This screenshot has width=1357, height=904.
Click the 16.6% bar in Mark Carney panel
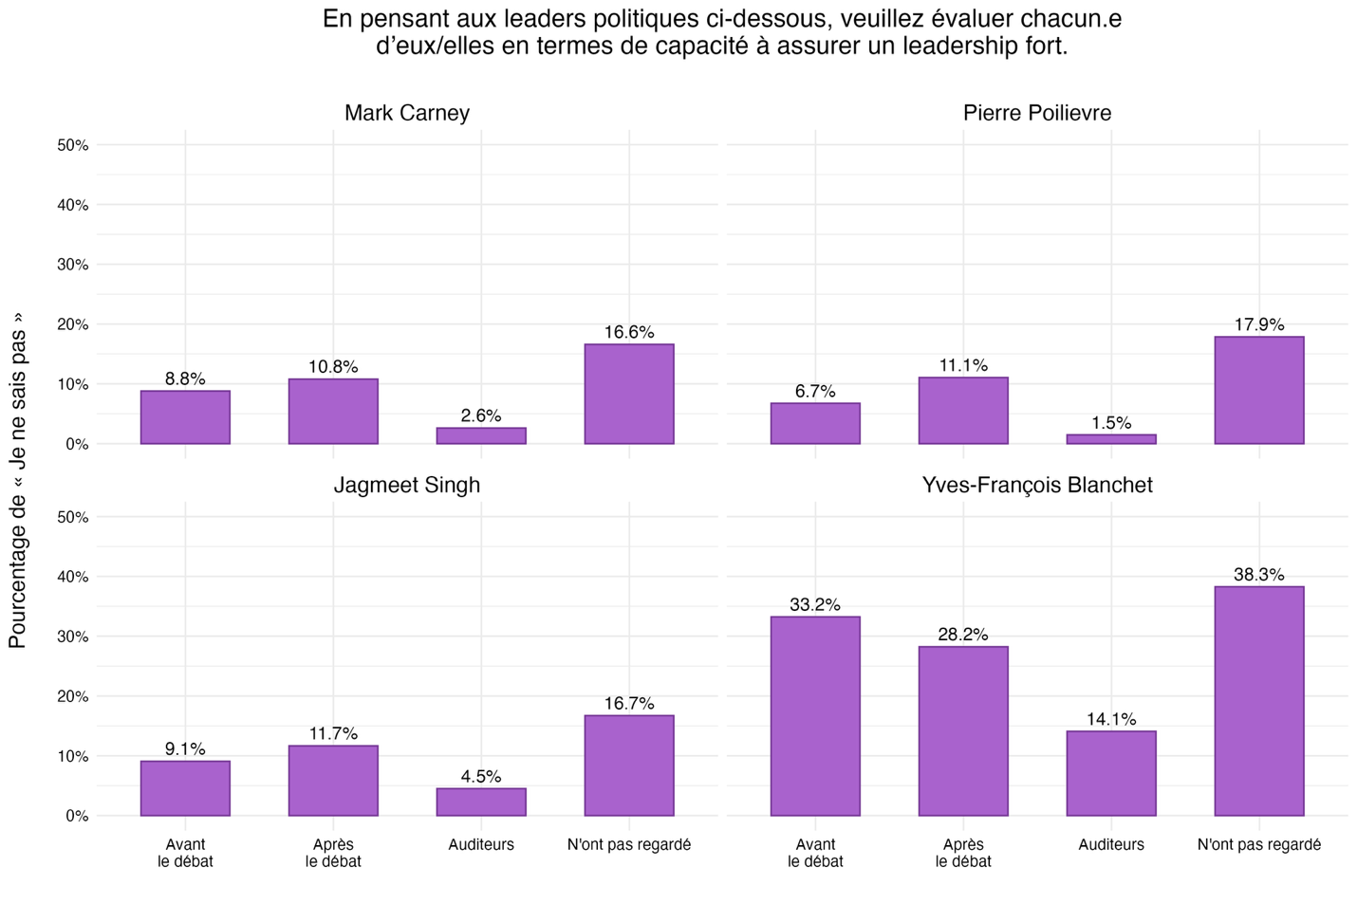click(x=629, y=394)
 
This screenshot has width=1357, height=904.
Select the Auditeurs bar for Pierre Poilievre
click(x=1111, y=439)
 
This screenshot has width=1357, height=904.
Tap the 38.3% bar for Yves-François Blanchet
click(x=1259, y=701)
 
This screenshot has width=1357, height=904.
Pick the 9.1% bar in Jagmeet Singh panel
click(x=185, y=788)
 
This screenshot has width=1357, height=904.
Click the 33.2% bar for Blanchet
click(x=815, y=716)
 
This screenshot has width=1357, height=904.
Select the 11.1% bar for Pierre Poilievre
click(x=963, y=411)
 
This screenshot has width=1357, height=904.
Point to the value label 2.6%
click(x=481, y=415)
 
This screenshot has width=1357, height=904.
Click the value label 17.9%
click(x=1259, y=324)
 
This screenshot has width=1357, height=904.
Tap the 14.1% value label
click(x=1111, y=719)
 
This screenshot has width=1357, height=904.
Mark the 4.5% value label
click(x=481, y=776)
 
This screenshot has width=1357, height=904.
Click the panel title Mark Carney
click(x=407, y=113)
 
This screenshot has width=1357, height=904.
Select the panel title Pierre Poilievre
click(x=1037, y=113)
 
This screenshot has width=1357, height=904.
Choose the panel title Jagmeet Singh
click(x=407, y=485)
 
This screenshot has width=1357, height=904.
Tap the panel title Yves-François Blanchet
click(x=1037, y=485)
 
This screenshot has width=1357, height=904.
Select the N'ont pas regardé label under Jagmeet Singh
click(x=629, y=844)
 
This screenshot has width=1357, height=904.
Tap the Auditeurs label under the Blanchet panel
click(x=1111, y=844)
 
